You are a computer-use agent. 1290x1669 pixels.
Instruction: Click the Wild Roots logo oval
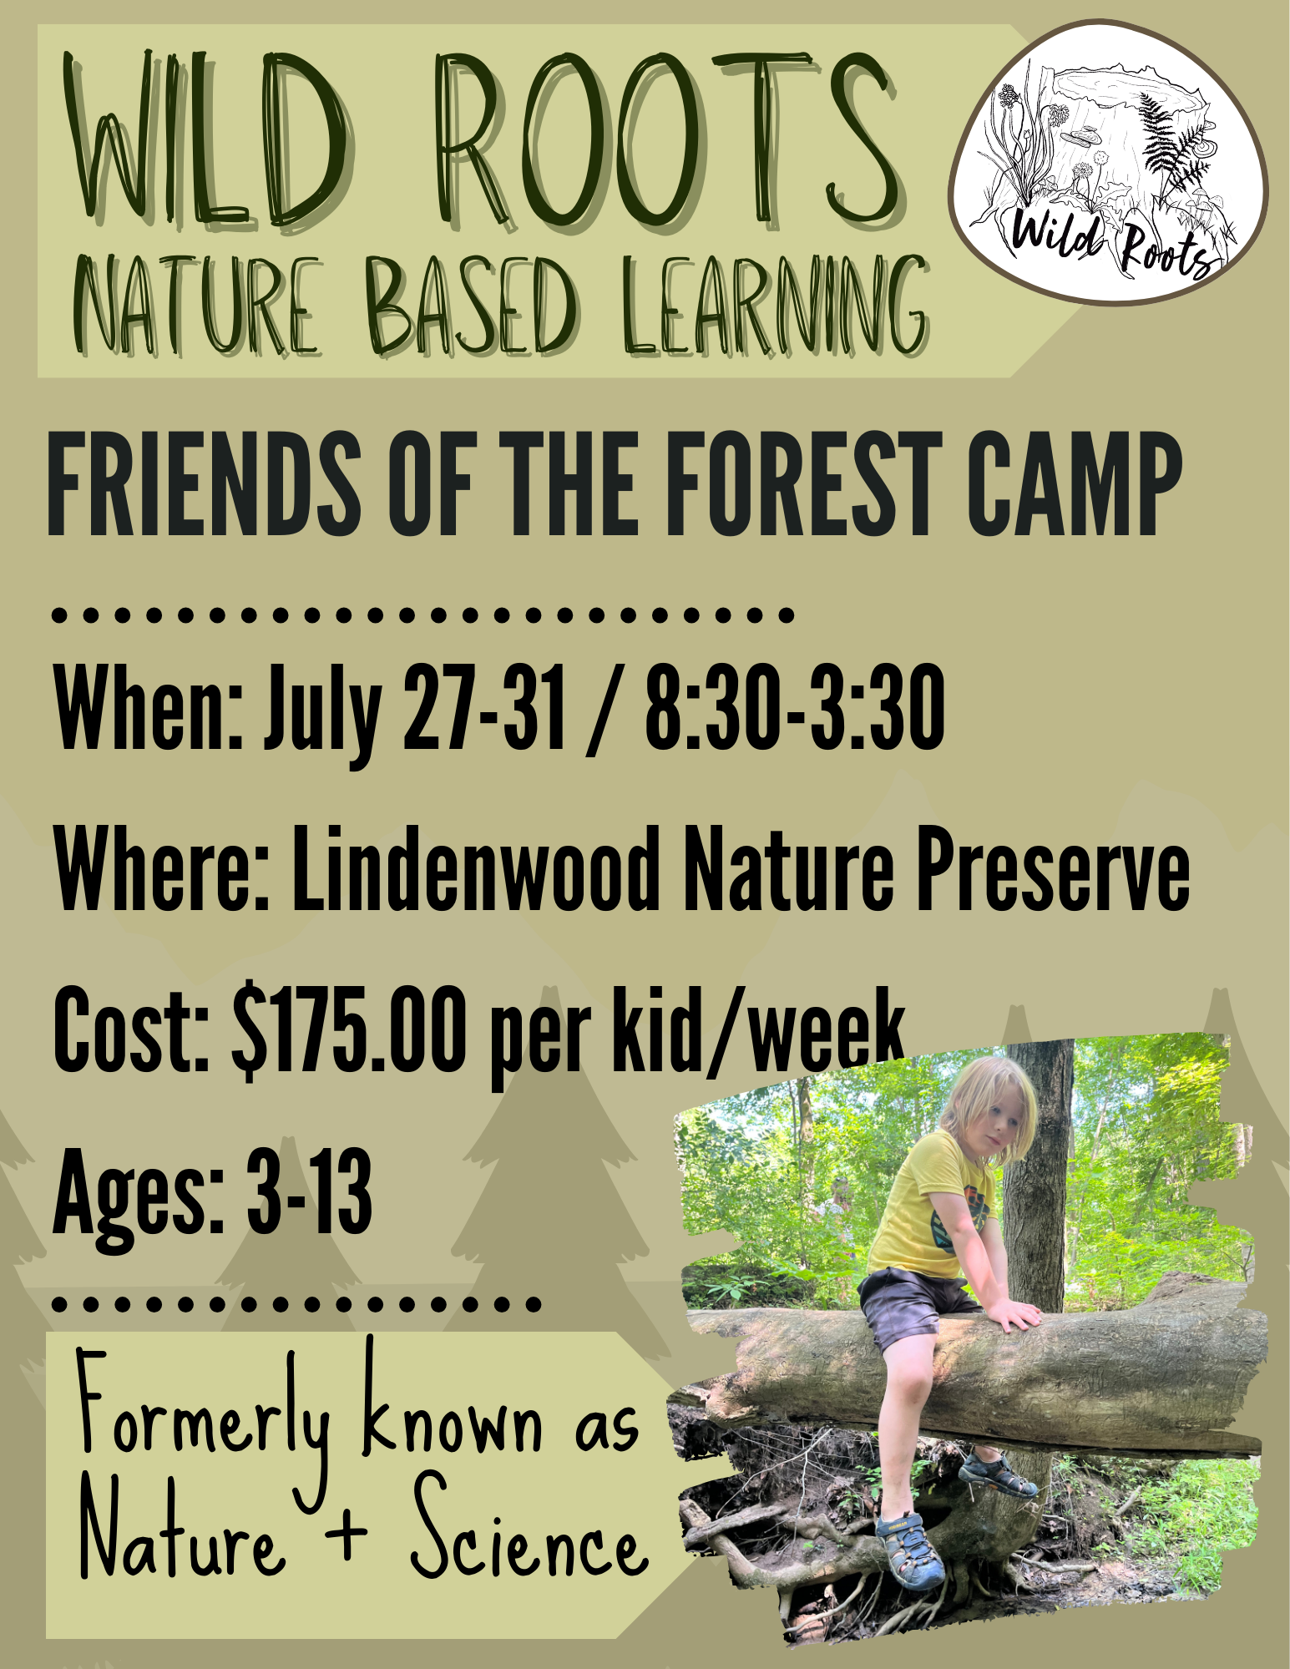point(1109,161)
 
